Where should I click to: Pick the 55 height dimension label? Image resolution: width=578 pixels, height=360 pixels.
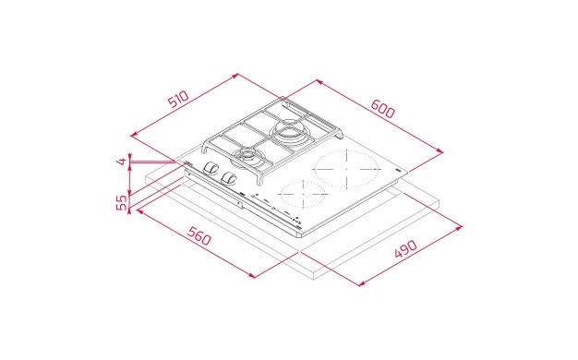121,202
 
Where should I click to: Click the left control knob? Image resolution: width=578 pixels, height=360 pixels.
211,169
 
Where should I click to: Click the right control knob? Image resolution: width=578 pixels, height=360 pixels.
230,177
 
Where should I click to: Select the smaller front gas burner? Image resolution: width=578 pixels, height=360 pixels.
250,153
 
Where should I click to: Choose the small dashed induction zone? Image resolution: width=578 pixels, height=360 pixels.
302,196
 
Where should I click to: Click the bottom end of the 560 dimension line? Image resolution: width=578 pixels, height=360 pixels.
253,276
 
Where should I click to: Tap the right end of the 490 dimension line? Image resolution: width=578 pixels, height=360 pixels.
462,225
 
